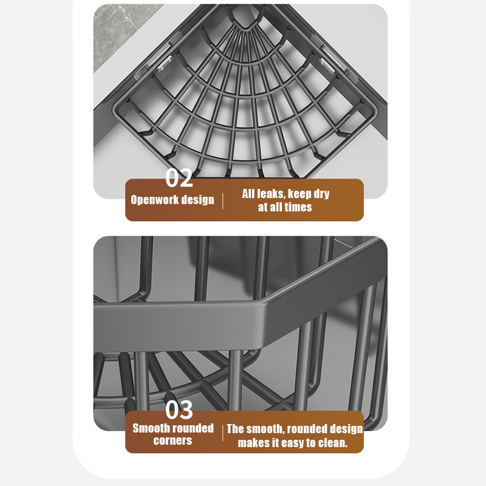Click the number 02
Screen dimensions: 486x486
click(x=179, y=177)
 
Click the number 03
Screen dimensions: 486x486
click(x=179, y=409)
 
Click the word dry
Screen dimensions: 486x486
click(x=321, y=194)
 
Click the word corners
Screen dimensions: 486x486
click(x=173, y=440)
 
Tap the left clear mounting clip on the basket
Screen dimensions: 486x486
click(x=165, y=64)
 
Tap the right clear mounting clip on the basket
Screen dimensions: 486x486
click(x=327, y=66)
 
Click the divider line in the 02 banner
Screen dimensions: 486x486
click(x=222, y=201)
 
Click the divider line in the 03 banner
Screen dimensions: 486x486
click(x=222, y=433)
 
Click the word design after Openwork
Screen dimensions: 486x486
click(x=197, y=200)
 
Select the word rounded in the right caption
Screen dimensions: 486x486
click(x=306, y=430)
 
